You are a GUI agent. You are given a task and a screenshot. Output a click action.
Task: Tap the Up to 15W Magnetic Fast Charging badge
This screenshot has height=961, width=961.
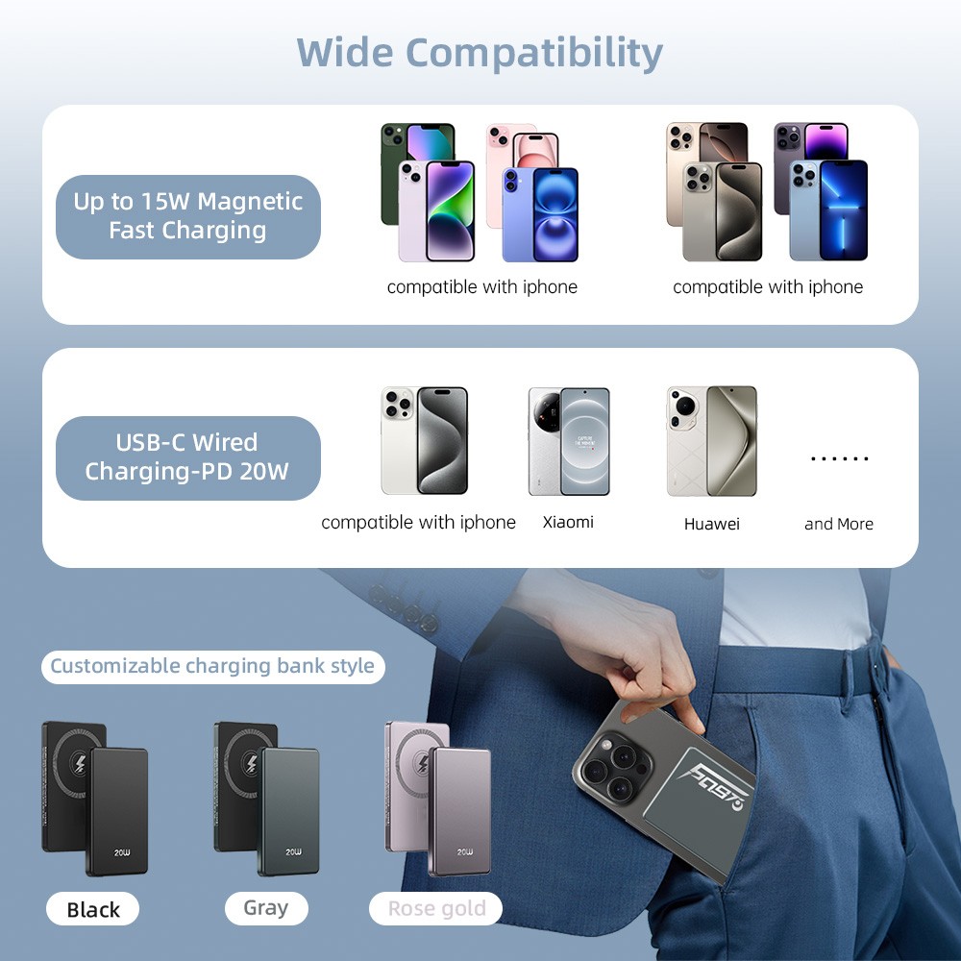tap(187, 216)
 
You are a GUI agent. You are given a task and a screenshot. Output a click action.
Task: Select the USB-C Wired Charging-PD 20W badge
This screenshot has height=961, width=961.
tap(187, 457)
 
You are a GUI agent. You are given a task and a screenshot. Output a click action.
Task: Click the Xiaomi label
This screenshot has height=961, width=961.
tap(568, 522)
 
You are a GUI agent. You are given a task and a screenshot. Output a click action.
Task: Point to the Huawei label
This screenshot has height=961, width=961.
tap(712, 524)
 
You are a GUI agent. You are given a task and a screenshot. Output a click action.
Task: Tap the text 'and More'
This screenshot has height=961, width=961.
tap(839, 524)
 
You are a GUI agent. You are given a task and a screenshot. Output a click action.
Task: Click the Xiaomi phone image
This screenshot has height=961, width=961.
tap(569, 441)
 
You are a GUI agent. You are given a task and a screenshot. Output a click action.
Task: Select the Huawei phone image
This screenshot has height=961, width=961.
tap(712, 441)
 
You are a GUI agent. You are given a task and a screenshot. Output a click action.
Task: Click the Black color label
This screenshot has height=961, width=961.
tap(93, 909)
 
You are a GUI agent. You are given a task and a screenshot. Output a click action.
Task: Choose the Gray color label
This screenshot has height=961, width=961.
tap(266, 907)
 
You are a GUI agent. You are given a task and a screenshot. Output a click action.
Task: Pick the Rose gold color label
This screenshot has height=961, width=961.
tap(436, 908)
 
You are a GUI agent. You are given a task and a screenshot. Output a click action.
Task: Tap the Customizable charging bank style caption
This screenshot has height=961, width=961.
tap(212, 666)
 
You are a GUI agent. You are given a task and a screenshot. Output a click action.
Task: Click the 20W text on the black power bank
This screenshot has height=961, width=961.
tap(122, 851)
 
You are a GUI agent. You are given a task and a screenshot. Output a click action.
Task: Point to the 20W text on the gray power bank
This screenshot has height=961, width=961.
tap(294, 851)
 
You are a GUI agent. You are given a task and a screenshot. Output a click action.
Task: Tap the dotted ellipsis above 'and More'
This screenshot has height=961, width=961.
tap(839, 459)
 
